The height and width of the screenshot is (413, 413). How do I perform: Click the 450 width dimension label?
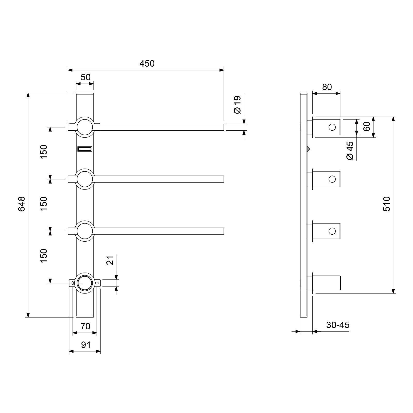click(147, 63)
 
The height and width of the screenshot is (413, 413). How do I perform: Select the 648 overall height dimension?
click(21, 204)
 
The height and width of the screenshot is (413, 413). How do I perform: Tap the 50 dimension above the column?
click(85, 77)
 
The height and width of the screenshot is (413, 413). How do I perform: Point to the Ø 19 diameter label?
click(237, 105)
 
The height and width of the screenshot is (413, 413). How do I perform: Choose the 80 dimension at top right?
click(327, 87)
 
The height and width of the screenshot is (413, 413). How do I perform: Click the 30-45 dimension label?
click(338, 325)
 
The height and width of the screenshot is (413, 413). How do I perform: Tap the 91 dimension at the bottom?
click(86, 345)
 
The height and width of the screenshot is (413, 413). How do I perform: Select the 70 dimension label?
click(85, 326)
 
